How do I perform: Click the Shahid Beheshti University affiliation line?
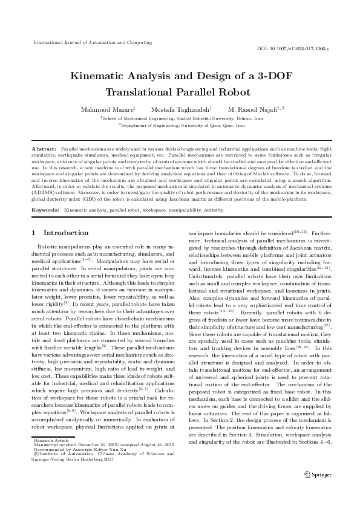180,119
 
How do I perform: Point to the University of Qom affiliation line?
180,126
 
